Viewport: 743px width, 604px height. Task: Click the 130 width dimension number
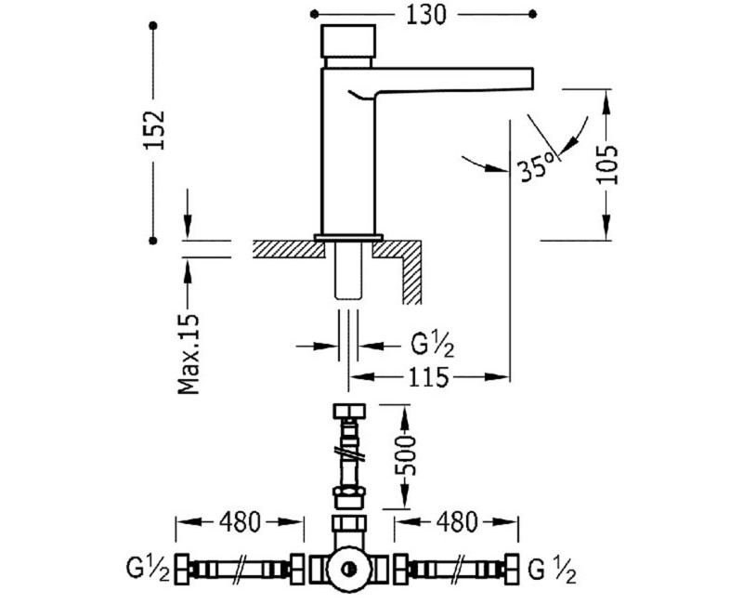426,15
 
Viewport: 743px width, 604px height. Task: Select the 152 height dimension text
154,130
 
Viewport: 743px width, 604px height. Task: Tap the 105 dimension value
607,164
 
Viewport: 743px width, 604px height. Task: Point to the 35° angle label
536,167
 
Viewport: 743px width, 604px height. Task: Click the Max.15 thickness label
189,354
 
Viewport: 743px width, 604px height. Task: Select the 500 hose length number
405,455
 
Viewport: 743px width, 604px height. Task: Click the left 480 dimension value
240,522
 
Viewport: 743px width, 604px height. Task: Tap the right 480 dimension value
457,522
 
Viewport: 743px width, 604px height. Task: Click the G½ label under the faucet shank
432,346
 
